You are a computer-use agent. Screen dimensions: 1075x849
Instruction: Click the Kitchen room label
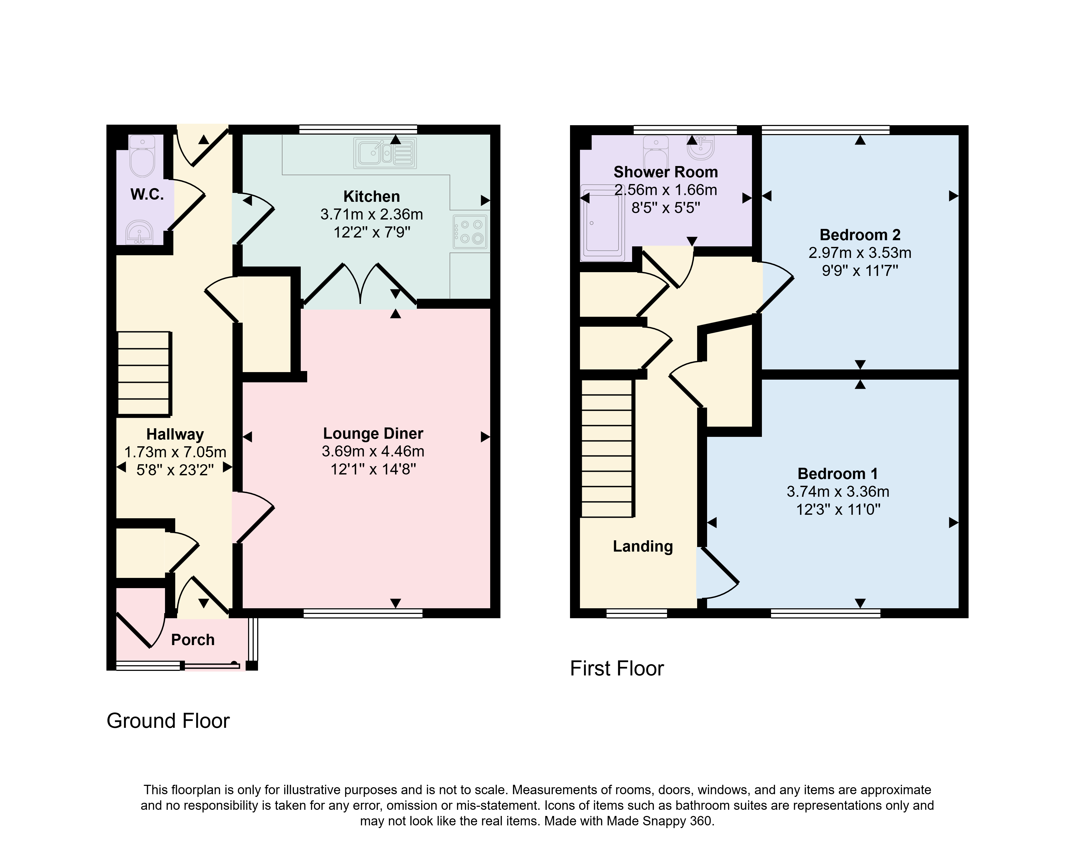point(371,196)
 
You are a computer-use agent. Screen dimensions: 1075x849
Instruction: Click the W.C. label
point(147,194)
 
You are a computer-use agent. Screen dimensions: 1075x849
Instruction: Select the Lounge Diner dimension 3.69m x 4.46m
point(373,451)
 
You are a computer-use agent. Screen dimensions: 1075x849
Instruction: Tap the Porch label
point(193,640)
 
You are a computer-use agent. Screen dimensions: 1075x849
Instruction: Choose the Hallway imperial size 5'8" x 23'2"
point(175,470)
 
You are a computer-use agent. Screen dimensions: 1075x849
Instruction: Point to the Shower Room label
point(666,172)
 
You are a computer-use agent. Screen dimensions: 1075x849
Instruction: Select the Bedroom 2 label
point(860,235)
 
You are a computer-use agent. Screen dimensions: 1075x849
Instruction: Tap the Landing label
point(643,546)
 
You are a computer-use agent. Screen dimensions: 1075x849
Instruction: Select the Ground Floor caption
point(168,721)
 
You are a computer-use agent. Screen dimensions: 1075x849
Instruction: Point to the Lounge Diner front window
point(363,613)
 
